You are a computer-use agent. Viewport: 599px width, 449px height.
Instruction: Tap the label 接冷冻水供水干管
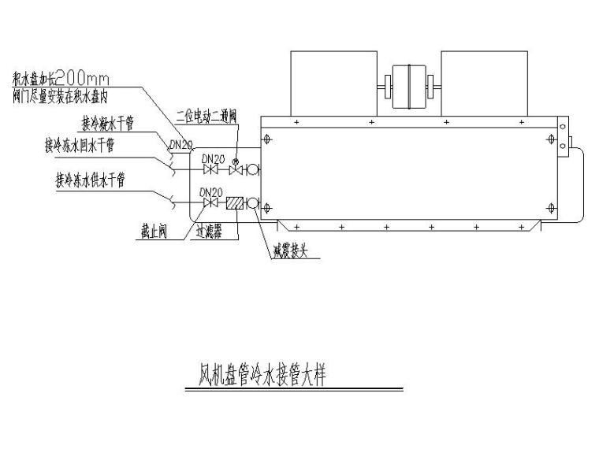89,180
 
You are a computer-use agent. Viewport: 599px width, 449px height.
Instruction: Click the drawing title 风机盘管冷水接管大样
260,374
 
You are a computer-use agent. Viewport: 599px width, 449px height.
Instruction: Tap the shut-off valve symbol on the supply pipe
210,203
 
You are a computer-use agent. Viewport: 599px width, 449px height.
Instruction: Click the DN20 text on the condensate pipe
180,144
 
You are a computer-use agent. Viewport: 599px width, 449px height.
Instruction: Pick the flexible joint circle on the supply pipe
253,203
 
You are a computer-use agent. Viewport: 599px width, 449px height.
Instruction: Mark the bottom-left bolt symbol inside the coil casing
268,207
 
